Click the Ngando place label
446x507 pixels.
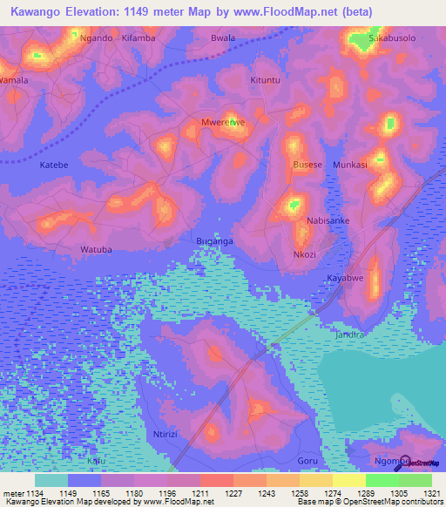coord(96,39)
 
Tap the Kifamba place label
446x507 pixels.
coord(138,39)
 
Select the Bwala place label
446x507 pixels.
coord(224,39)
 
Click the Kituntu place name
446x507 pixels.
coord(267,80)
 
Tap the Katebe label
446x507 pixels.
coord(54,164)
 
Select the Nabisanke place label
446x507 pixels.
coord(328,221)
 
